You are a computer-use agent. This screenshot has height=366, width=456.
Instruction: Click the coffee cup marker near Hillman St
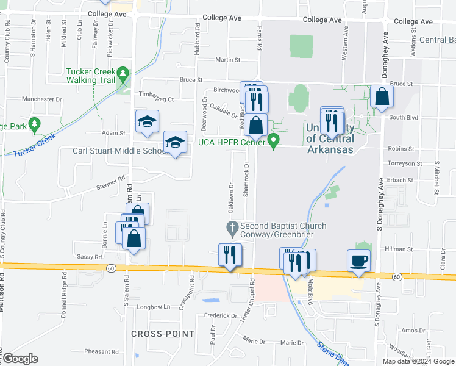[x=358, y=260]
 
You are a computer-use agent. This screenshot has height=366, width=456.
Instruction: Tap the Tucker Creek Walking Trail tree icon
[x=124, y=74]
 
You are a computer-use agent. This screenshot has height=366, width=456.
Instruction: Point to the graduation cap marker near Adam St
[x=147, y=121]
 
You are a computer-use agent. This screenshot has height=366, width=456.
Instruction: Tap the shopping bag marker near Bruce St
[x=381, y=96]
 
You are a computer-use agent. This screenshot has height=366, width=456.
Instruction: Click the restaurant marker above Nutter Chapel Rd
[x=230, y=254]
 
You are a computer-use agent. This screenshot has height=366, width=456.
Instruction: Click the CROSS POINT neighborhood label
[x=163, y=334]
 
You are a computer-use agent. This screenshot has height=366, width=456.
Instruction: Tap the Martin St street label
[x=229, y=60]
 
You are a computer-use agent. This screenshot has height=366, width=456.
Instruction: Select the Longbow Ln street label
[x=154, y=307]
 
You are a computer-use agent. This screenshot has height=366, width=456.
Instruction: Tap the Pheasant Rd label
[x=101, y=351]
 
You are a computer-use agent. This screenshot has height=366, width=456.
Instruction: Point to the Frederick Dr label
[x=221, y=315]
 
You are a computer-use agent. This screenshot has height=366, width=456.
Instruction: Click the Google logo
[x=20, y=359]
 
